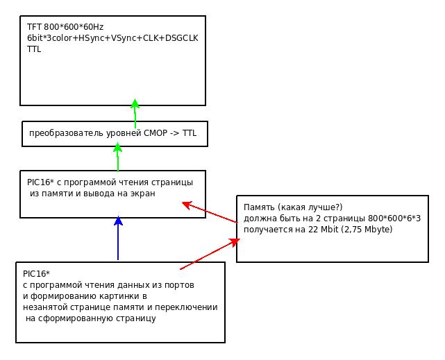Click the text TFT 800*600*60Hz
(65, 27)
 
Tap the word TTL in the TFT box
(34, 49)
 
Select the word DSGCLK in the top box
(181, 38)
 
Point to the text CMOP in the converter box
(156, 133)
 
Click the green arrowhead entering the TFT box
(135, 103)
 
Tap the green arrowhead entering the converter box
(117, 148)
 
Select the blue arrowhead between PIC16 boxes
(118, 221)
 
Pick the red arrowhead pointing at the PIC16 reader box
(187, 205)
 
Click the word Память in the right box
(259, 207)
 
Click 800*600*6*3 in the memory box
(394, 218)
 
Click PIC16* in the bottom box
(36, 274)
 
